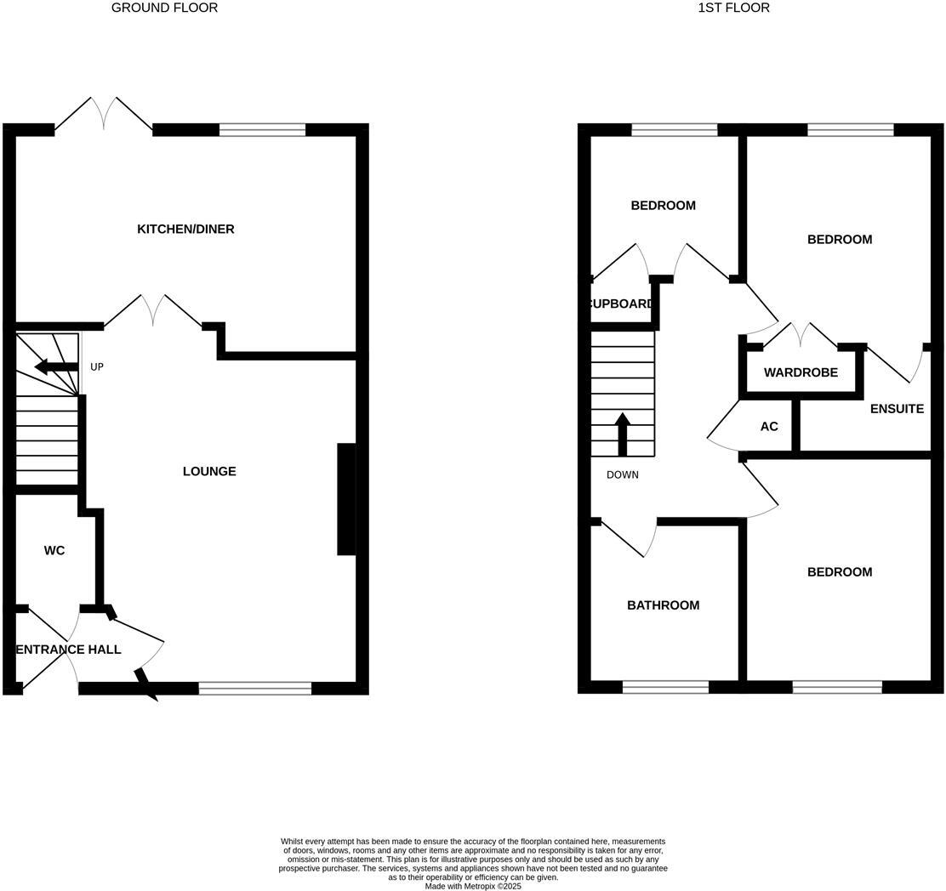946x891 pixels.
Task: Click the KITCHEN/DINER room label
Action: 185,229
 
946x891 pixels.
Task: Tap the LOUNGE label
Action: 209,471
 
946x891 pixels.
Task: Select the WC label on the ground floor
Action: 54,550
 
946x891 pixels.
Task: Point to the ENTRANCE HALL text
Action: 69,650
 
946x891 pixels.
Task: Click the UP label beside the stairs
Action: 97,367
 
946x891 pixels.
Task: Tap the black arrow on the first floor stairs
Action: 622,434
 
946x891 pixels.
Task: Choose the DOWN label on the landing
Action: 622,474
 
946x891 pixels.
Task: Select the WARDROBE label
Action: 801,372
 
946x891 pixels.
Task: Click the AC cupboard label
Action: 769,426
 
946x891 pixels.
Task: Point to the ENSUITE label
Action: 897,409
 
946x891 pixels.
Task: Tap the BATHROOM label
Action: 664,605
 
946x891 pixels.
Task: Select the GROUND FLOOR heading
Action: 164,8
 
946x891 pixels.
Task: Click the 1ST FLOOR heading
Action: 733,8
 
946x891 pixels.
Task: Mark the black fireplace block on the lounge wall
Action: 346,499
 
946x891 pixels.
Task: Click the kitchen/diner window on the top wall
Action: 262,130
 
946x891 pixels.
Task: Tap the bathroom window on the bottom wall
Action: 665,687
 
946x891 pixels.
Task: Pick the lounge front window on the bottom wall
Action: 255,689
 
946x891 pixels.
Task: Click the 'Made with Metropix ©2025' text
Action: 473,886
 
